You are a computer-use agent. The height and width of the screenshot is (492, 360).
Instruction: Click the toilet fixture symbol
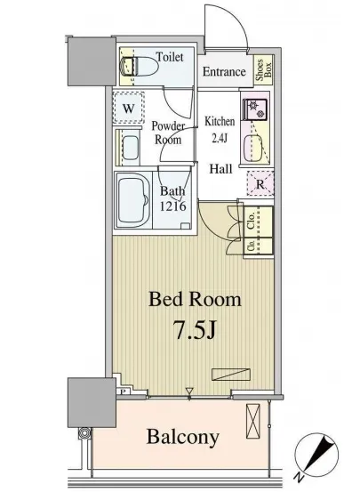click(x=139, y=66)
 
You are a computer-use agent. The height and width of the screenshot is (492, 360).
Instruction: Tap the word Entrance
click(x=224, y=71)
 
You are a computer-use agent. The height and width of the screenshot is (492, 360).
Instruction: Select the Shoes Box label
click(x=264, y=70)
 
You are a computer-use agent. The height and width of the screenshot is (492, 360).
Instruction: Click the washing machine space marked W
click(x=129, y=108)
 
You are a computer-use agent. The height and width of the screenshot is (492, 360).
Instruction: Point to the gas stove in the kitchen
click(x=255, y=109)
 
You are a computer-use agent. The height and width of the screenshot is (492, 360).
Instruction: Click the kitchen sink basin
click(x=252, y=146)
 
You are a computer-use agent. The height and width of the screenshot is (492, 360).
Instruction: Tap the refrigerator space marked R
click(x=260, y=183)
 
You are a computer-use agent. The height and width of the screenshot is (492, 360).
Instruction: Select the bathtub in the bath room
click(x=132, y=199)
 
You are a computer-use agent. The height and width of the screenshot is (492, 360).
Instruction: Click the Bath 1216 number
click(x=173, y=206)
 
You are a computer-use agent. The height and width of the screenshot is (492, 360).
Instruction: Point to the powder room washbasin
click(x=130, y=147)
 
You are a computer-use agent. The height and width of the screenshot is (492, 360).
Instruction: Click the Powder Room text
click(x=167, y=133)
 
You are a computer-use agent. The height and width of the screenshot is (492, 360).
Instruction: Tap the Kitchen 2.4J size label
click(x=220, y=129)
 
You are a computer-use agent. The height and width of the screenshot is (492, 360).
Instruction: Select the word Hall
click(x=220, y=169)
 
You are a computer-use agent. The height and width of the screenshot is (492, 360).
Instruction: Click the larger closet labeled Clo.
click(x=258, y=222)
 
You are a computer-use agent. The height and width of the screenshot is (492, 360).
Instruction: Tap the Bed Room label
click(x=195, y=299)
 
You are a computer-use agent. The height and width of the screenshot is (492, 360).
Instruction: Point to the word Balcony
click(x=183, y=437)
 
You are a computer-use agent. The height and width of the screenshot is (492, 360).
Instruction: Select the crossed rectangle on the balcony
click(x=253, y=422)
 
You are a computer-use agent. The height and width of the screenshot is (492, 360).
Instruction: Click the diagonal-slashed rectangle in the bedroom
click(x=231, y=374)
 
